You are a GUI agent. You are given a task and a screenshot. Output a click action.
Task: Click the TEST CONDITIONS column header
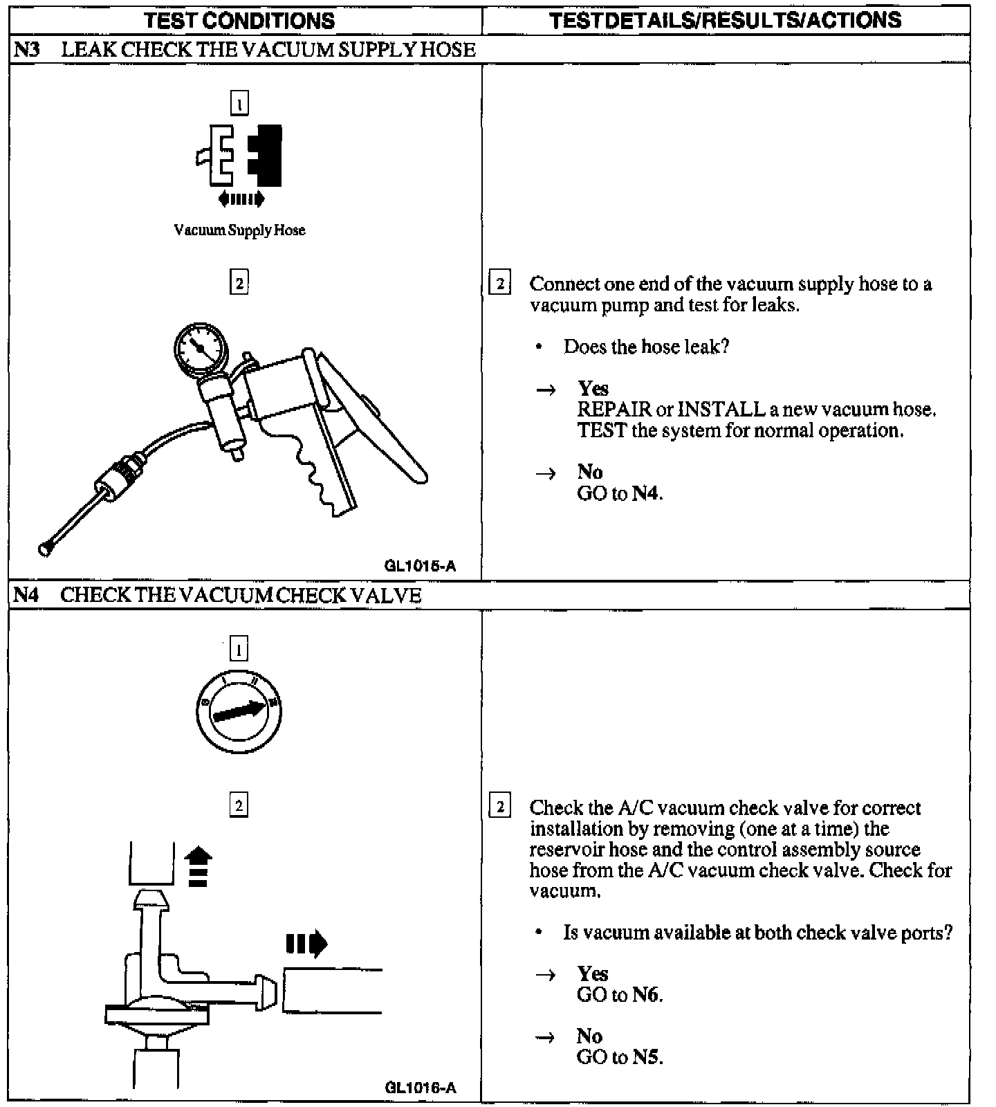pos(239,21)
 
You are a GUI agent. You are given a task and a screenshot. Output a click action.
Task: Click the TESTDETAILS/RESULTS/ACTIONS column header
pos(726,21)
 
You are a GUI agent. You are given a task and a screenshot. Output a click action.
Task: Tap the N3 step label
pos(26,50)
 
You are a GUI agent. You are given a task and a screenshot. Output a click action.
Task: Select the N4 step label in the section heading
pos(26,595)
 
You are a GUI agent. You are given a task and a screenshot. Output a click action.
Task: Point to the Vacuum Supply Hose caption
pos(239,230)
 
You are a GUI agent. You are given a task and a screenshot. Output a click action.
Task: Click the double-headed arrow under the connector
pos(241,199)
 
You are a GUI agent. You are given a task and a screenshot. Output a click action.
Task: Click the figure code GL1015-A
pos(420,566)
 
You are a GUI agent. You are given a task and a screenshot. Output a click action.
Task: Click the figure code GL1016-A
pos(420,1088)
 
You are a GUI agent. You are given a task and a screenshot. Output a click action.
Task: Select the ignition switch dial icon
pos(239,711)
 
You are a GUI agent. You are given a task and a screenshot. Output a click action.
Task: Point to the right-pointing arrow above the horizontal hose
pos(306,943)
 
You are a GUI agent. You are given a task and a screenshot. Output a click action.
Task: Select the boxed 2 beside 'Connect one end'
pos(499,284)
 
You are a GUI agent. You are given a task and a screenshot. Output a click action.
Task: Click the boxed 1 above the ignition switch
pos(239,650)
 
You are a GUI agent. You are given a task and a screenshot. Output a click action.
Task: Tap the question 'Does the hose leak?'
pos(646,347)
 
